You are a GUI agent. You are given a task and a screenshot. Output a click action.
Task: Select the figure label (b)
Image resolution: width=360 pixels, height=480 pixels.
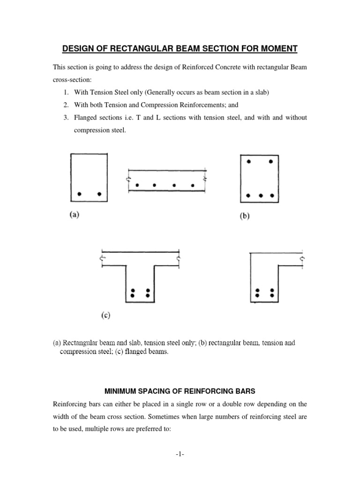(245, 218)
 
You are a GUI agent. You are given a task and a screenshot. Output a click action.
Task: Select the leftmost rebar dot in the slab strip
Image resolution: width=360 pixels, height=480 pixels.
(136, 186)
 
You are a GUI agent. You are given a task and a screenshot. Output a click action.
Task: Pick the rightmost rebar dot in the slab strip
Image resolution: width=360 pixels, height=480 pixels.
(193, 186)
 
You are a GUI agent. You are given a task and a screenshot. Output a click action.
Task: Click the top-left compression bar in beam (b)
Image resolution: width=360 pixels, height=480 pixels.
(249, 162)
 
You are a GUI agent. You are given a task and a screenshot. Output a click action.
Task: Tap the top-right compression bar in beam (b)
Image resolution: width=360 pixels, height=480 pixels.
(271, 162)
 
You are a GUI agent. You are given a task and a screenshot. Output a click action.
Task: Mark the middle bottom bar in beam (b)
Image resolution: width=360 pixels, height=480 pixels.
(260, 195)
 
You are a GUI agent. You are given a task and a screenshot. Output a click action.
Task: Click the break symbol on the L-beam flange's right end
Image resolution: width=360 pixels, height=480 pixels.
(302, 258)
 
